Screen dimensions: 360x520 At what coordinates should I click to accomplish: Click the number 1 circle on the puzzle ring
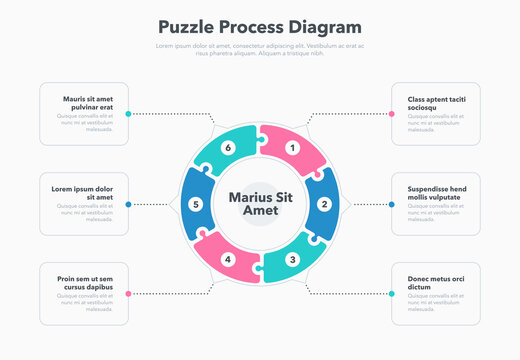(292, 148)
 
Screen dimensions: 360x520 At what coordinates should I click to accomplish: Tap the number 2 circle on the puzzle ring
(324, 204)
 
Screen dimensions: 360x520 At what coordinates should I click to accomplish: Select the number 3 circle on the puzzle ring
(292, 260)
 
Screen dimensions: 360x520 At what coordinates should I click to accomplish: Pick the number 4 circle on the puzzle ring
(228, 260)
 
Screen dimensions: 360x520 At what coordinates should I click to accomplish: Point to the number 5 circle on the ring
(196, 204)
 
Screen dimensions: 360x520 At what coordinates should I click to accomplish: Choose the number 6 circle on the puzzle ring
(228, 148)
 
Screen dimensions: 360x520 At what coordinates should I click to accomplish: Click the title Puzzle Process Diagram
(260, 27)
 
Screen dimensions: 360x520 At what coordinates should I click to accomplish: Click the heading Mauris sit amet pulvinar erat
(88, 103)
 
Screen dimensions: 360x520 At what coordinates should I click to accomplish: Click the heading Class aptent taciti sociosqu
(437, 103)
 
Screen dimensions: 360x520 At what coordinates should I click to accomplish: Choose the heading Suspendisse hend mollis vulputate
(437, 193)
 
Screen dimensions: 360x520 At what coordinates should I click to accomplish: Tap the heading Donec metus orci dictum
(437, 283)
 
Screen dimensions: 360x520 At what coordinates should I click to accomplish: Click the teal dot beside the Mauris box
(128, 114)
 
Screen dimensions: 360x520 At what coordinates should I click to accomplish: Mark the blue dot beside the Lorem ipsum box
(128, 204)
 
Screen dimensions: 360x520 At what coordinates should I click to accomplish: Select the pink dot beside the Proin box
(128, 294)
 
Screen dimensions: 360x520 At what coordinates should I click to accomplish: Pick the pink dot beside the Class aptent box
(392, 114)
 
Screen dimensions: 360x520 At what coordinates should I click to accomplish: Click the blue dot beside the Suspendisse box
(392, 204)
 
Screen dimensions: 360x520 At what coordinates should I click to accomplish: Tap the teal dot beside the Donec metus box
(392, 294)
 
